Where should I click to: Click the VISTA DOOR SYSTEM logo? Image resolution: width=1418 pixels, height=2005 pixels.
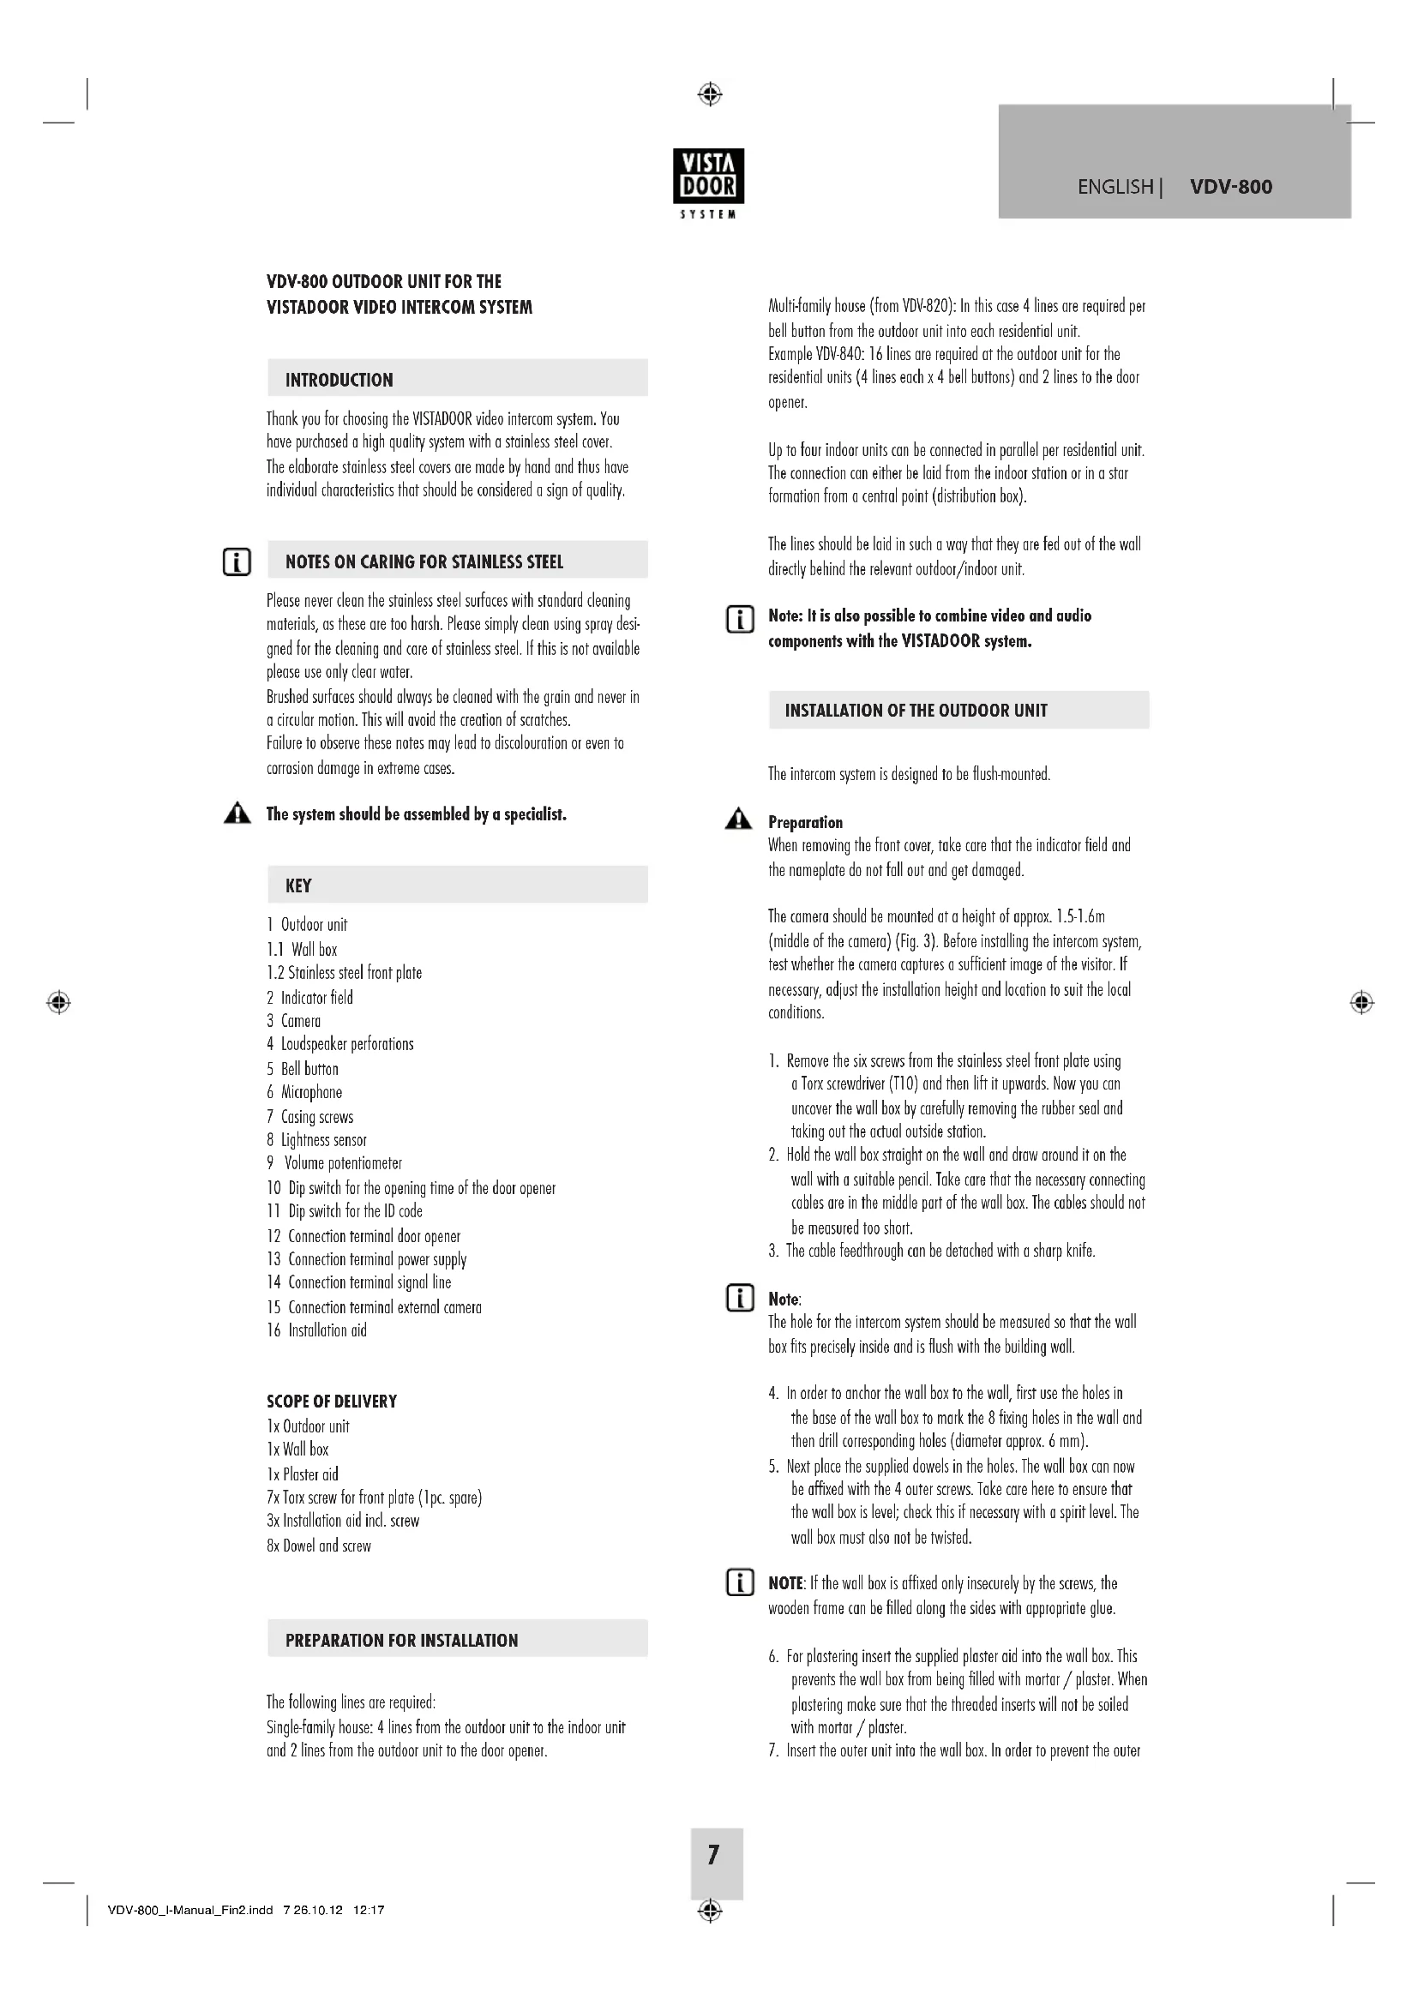(x=708, y=183)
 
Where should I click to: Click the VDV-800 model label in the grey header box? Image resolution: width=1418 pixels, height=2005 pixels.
(x=1230, y=186)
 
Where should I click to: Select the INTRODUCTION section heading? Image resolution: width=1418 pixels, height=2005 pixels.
(x=339, y=380)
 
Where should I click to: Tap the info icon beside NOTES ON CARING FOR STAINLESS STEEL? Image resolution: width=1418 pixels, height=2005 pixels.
(x=237, y=561)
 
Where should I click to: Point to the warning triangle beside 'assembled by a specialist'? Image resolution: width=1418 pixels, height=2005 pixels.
(x=237, y=813)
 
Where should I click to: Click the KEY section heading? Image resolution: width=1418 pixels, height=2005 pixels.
(x=297, y=885)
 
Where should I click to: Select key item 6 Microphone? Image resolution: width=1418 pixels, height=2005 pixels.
(x=304, y=1092)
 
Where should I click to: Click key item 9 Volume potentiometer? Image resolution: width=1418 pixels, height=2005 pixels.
(x=335, y=1163)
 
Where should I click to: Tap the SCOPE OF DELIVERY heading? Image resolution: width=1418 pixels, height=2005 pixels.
(x=332, y=1402)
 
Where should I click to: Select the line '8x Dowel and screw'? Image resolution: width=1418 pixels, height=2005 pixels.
(x=319, y=1546)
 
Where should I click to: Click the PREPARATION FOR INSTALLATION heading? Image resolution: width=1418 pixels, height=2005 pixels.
(x=401, y=1640)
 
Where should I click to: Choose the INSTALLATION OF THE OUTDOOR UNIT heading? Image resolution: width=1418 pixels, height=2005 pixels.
(x=916, y=710)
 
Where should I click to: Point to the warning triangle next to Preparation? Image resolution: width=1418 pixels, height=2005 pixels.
(x=738, y=819)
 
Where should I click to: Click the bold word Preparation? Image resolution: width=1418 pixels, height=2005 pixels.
(x=805, y=823)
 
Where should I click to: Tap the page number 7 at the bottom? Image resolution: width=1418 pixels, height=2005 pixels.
(x=714, y=1855)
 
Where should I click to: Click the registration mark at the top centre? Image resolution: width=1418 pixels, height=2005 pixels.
(x=710, y=93)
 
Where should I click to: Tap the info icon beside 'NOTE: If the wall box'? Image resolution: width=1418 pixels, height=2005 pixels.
(x=740, y=1582)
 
